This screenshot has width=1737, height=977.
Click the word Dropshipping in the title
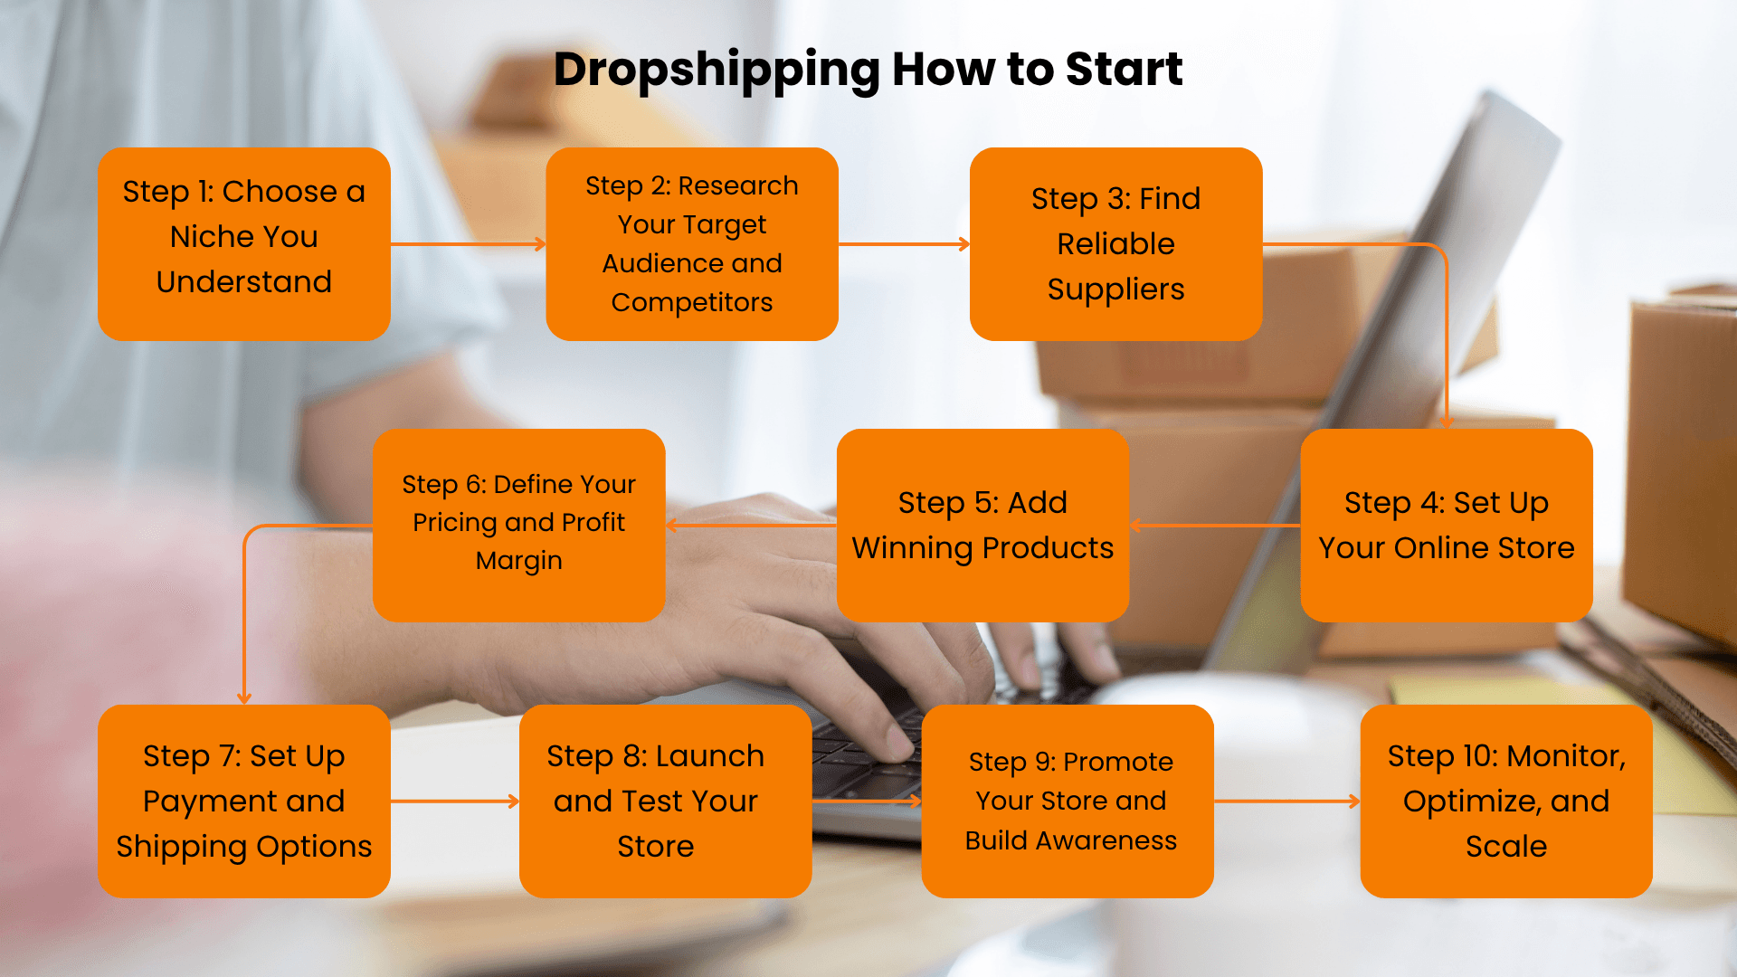pos(717,71)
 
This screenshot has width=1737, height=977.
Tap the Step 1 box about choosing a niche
pos(244,244)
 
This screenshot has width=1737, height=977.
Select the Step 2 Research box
pos(692,244)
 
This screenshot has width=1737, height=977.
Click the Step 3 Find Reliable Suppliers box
pos(1115,244)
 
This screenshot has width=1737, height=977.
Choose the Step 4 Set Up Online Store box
pos(1447,526)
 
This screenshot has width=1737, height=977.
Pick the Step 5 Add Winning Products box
pos(982,526)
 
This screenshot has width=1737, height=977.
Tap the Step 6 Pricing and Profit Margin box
pos(518,526)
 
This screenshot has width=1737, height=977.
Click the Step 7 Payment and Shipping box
pos(244,802)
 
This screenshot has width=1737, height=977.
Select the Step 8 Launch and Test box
pos(665,802)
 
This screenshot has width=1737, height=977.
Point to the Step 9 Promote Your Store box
pos(1068,802)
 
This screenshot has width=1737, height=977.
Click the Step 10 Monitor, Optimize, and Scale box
pos(1506,802)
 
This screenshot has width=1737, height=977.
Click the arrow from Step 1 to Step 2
pos(469,244)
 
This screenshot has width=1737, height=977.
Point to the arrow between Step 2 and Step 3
pos(905,244)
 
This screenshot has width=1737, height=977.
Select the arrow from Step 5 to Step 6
pos(751,526)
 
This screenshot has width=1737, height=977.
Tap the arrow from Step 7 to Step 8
pos(455,802)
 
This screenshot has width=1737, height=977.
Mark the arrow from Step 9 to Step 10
pos(1287,802)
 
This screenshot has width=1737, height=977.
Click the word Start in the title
pos(1124,69)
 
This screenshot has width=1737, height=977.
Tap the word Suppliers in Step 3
pos(1115,290)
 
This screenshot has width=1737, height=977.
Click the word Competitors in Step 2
pos(692,302)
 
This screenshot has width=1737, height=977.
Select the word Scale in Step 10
pos(1506,847)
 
